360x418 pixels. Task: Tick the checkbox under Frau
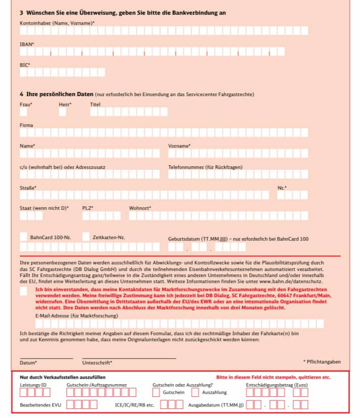(x=23, y=112)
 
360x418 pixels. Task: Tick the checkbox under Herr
(x=62, y=112)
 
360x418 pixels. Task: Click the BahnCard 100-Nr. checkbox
(x=24, y=237)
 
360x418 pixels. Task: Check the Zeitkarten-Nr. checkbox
(x=86, y=237)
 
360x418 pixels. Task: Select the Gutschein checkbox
(x=156, y=392)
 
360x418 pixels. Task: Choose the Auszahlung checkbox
(x=195, y=392)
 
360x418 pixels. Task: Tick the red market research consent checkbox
(x=24, y=291)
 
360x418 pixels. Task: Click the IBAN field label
(x=27, y=44)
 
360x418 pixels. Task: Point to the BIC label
(x=25, y=65)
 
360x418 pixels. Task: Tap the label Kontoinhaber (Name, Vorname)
(x=57, y=23)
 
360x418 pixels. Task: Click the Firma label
(x=26, y=125)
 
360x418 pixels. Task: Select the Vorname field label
(x=179, y=146)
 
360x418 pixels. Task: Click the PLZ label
(x=87, y=208)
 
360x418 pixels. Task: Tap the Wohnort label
(x=140, y=208)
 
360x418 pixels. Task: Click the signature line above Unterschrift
(x=129, y=358)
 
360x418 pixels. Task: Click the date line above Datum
(x=46, y=358)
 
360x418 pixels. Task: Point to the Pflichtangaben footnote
(x=322, y=362)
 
